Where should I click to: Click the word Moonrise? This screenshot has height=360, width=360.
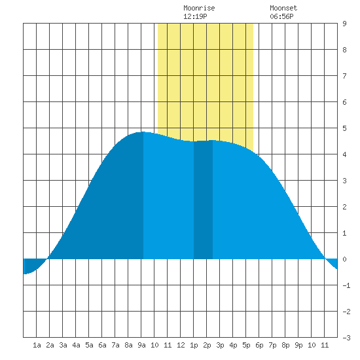199,8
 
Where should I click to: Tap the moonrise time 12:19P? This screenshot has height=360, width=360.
195,16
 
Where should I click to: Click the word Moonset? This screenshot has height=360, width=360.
283,8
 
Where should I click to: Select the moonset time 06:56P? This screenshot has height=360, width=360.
281,16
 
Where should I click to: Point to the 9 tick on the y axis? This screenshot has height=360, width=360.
344,24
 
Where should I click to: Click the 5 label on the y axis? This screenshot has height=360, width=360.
344,128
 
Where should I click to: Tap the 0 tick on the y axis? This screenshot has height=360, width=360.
344,259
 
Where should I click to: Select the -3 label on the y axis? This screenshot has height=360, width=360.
346,338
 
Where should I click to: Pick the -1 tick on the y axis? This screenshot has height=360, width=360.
346,285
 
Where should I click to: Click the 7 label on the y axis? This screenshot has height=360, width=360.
344,76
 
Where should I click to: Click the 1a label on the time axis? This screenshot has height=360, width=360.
37,345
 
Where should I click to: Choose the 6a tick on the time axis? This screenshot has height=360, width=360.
102,345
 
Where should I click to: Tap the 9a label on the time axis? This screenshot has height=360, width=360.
141,345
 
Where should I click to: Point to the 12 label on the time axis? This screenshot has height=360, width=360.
181,345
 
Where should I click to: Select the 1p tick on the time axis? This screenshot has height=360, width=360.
194,345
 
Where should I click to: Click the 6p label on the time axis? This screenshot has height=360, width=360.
259,345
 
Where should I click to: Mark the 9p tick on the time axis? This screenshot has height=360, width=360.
298,345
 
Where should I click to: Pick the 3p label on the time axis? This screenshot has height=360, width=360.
220,345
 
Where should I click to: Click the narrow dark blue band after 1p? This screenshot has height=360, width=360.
203,200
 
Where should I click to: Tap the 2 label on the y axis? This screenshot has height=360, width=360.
344,207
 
